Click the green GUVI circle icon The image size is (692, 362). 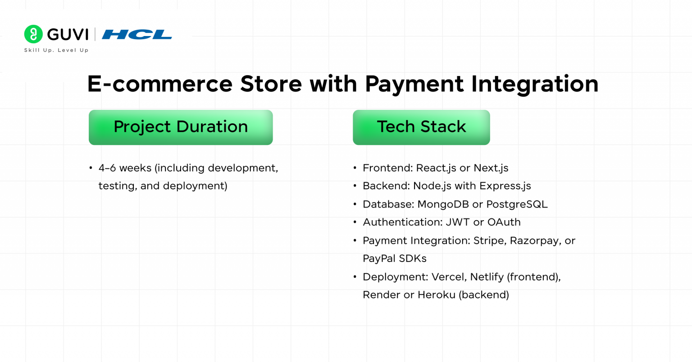coord(33,34)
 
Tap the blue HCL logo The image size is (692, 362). coord(137,34)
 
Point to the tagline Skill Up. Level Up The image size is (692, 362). coord(56,50)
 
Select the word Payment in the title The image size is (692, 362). coord(414,84)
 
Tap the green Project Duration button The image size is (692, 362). coord(181,127)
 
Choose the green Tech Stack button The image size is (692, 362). coord(421,127)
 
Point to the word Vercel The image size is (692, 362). coord(448,277)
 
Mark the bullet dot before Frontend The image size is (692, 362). coord(355,168)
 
